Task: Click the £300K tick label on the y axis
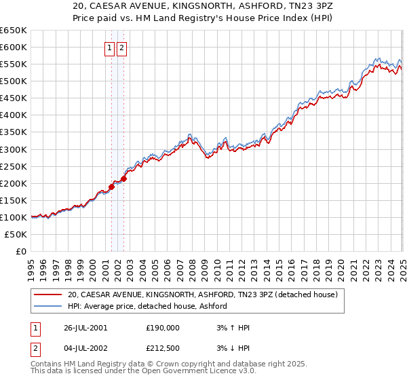[x=14, y=149]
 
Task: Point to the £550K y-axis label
[x=14, y=64]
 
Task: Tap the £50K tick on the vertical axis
[x=17, y=235]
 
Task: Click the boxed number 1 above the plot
[x=109, y=48]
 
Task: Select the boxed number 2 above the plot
[x=121, y=48]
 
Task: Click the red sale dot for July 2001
[x=112, y=187]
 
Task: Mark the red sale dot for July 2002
[x=124, y=179]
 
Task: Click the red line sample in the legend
[x=48, y=294]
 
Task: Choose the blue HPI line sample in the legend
[x=48, y=306]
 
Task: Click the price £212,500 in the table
[x=163, y=349]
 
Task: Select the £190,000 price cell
[x=163, y=328]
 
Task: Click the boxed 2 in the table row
[x=35, y=349]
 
